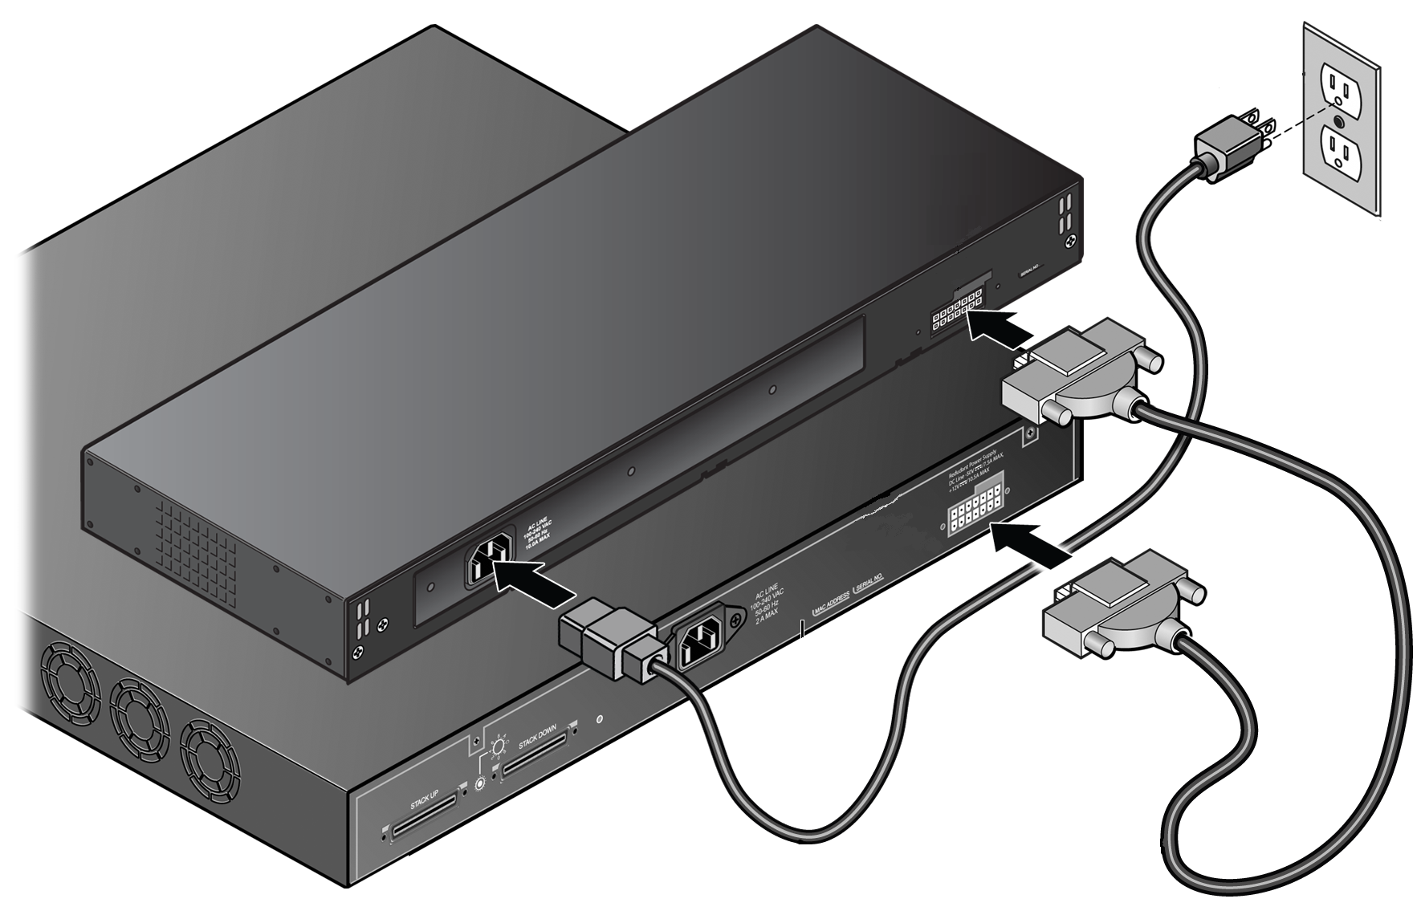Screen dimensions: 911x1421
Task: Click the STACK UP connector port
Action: (x=424, y=817)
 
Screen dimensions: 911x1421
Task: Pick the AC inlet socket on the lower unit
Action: (x=705, y=642)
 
